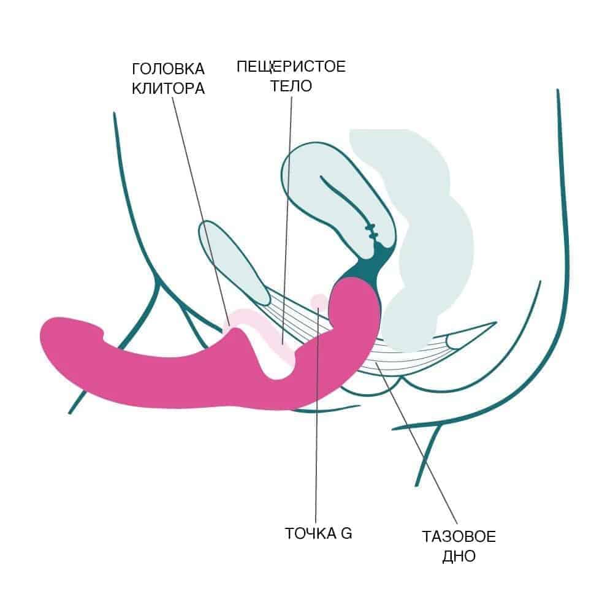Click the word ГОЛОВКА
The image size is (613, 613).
(x=168, y=69)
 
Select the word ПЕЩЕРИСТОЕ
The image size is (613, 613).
(x=291, y=66)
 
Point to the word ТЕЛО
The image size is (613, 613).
(x=291, y=86)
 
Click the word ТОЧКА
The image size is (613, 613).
(x=308, y=533)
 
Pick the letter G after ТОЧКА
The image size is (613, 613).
(x=346, y=533)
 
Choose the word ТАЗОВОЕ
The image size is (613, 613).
(x=459, y=538)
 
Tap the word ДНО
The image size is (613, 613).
(x=459, y=557)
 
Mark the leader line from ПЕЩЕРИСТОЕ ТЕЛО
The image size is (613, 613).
(x=286, y=215)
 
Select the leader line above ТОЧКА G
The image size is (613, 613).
(x=316, y=429)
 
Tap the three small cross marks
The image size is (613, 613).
(x=371, y=230)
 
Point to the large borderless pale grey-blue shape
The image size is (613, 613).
(x=429, y=245)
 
